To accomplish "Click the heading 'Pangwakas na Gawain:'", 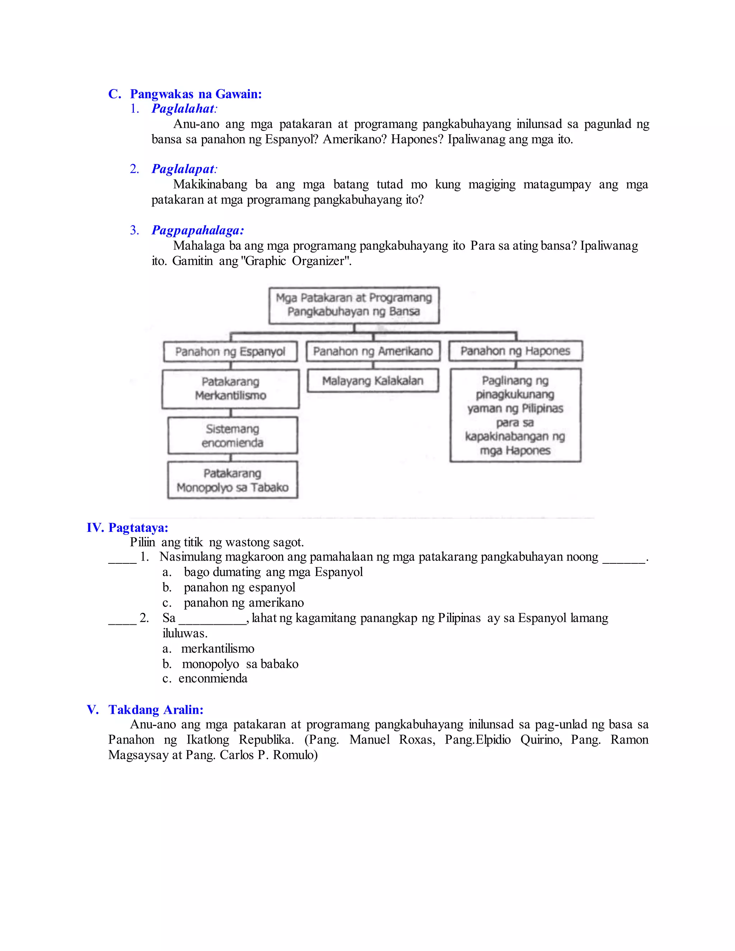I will (196, 94).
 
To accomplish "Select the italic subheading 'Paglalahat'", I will (183, 109).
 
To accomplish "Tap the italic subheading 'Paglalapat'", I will (183, 169).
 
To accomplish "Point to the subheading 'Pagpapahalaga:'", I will (198, 230).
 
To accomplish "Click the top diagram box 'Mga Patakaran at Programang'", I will (354, 305).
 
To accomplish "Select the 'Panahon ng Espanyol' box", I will (230, 351).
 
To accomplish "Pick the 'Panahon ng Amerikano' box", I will (373, 351).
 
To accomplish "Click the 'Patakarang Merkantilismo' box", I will (230, 388).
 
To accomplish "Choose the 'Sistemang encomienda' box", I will (233, 435).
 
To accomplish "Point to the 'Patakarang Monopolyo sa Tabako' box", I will (233, 480).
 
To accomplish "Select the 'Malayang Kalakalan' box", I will (373, 380).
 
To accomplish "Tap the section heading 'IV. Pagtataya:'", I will (127, 528).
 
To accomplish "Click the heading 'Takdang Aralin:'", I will (156, 710).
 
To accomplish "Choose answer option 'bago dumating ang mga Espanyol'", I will (273, 572).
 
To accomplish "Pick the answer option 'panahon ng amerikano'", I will (243, 603).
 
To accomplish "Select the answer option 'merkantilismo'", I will (218, 649).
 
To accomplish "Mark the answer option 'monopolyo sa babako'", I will (240, 664).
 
